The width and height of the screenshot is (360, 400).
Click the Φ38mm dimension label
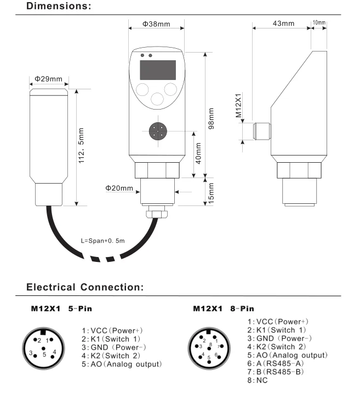click(156, 25)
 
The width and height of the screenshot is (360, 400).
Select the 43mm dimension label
click(283, 24)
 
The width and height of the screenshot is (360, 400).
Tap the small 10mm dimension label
click(318, 23)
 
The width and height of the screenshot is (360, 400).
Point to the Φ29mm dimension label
click(48, 79)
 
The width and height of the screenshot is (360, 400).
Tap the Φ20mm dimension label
click(119, 188)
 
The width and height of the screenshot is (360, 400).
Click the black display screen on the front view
click(157, 70)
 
